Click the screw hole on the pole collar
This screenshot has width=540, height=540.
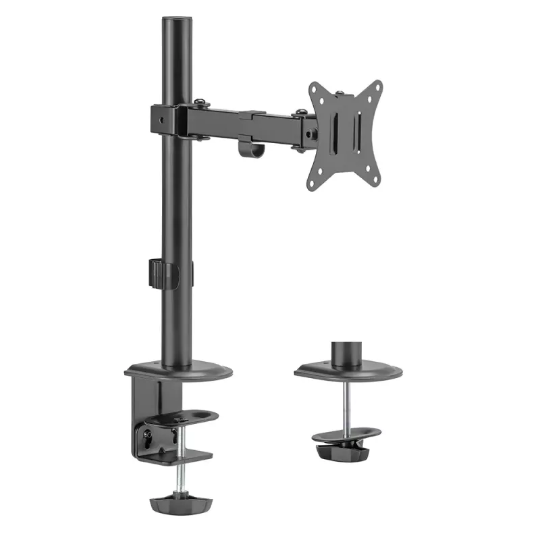(161, 119)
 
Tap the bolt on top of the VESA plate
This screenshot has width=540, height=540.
(340, 92)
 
